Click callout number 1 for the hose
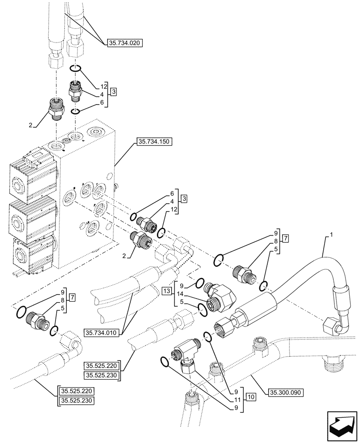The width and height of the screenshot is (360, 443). click(327, 238)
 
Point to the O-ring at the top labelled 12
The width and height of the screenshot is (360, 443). click(75, 69)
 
